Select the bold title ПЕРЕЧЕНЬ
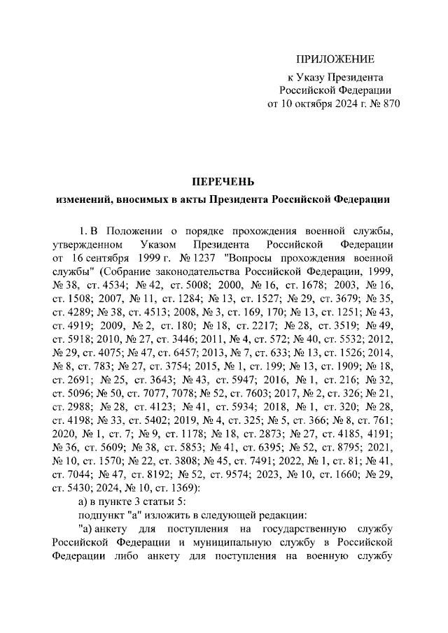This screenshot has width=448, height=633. pos(223,181)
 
